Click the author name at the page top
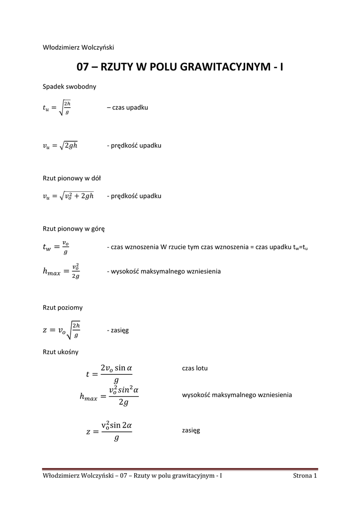click(x=79, y=47)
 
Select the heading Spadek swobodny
click(x=70, y=86)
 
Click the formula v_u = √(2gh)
click(x=61, y=146)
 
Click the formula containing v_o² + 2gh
click(x=68, y=196)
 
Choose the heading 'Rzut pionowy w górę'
click(x=74, y=229)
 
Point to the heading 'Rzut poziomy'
click(x=63, y=308)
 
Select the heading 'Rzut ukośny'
click(x=61, y=352)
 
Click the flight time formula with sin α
click(x=109, y=373)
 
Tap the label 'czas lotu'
click(x=195, y=368)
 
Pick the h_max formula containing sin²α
click(x=109, y=396)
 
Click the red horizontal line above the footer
click(x=180, y=469)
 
